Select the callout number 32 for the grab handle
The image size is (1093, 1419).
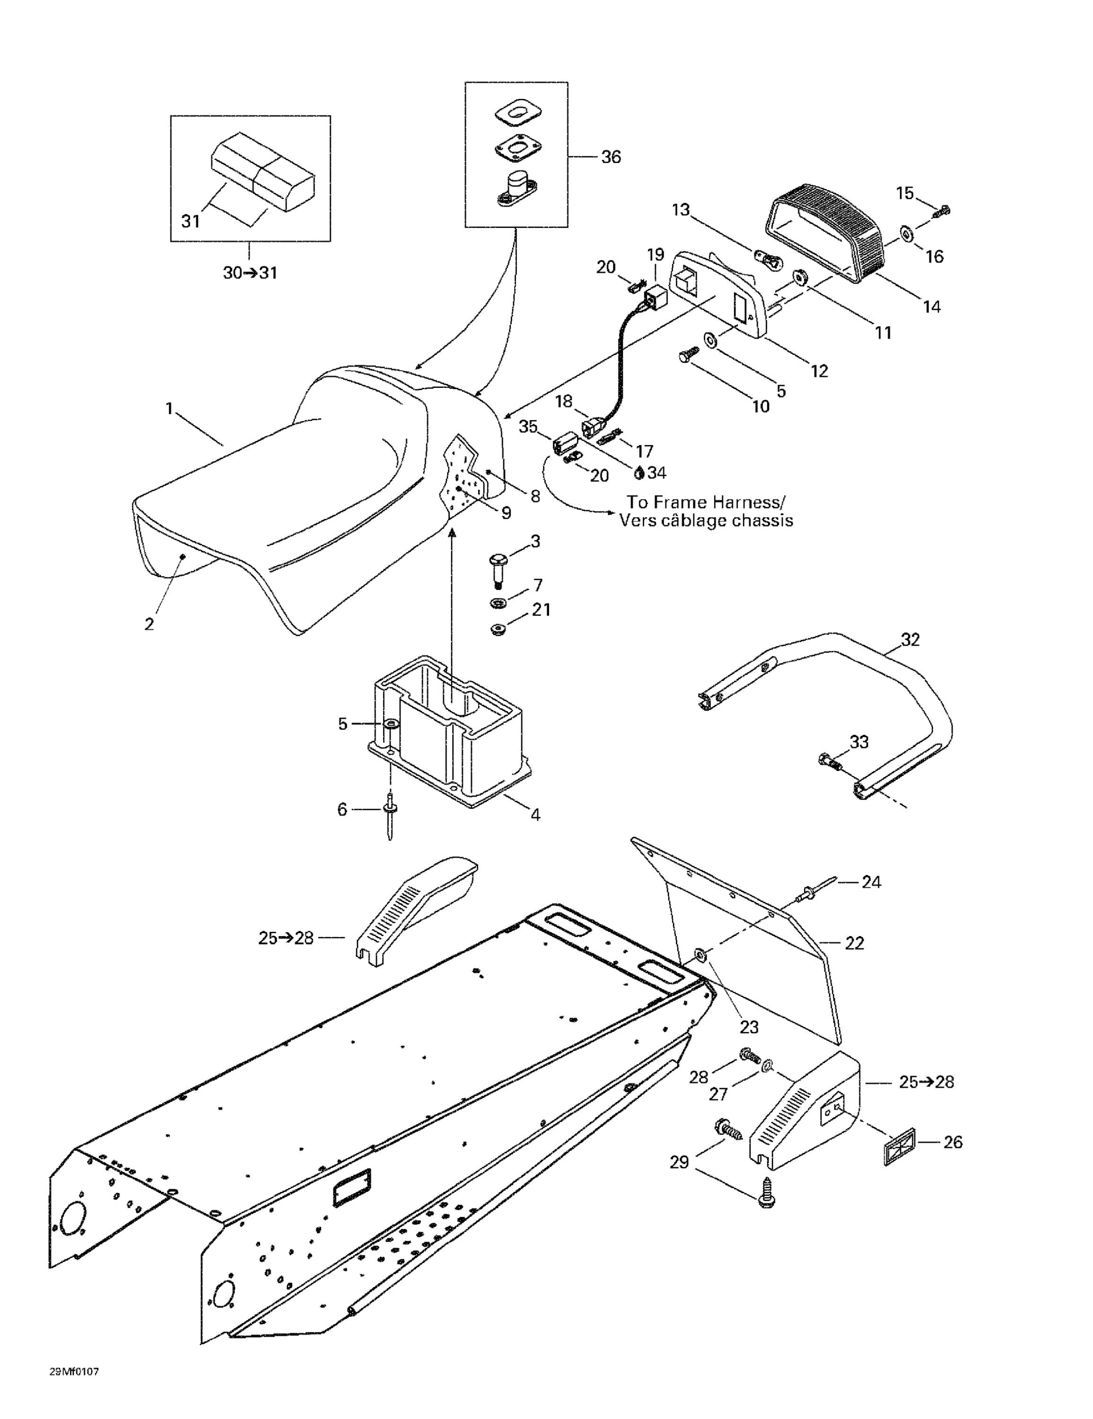point(910,640)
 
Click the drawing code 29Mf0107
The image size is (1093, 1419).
point(74,1372)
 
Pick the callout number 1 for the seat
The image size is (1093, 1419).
point(170,409)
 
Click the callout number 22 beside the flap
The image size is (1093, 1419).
point(854,943)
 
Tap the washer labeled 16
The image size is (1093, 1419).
point(907,233)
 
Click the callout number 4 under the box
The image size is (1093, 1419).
point(535,814)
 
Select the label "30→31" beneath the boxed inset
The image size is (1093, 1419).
point(250,273)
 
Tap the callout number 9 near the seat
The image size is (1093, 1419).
point(506,513)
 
